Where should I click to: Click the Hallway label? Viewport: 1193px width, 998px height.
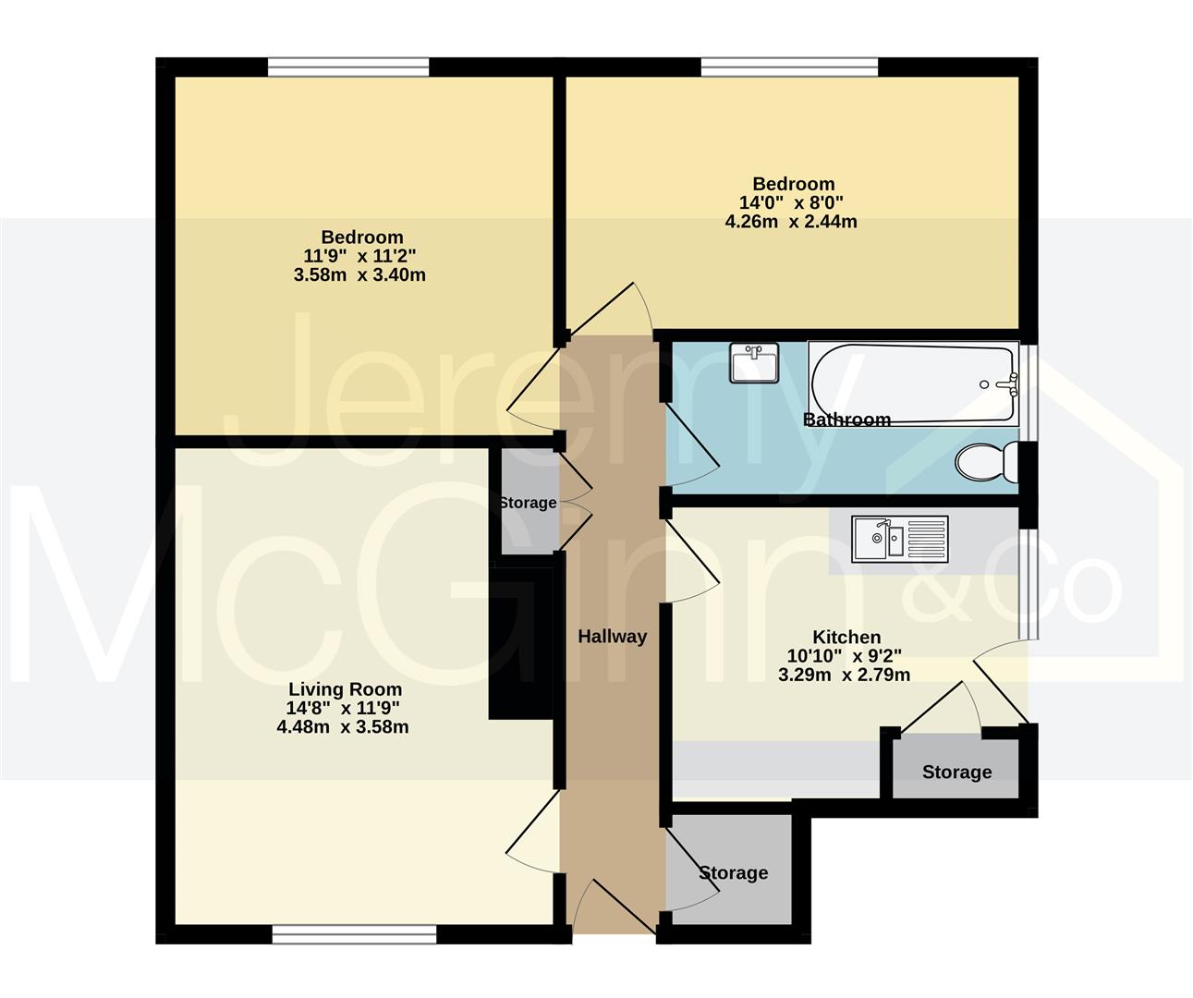coord(612,637)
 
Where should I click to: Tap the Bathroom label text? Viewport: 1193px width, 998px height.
coord(846,420)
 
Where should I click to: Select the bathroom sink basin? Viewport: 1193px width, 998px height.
coord(754,362)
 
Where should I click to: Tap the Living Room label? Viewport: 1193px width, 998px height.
coord(345,689)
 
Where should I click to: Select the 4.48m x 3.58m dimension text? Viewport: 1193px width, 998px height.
coord(343,727)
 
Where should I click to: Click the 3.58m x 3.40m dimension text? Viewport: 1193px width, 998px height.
coord(361,274)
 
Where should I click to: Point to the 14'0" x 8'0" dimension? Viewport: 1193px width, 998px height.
coord(793,202)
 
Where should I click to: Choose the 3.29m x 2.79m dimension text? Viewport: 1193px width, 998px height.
coord(845,675)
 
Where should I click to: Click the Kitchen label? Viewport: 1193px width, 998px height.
coord(846,637)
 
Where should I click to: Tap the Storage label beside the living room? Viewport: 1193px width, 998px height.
coord(528,503)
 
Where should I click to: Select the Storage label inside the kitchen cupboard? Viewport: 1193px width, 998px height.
coord(956,772)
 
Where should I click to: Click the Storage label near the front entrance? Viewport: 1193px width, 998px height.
coord(733,872)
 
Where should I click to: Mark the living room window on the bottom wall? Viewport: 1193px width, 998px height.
coord(355,935)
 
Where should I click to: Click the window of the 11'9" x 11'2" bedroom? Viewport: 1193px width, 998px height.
coord(348,67)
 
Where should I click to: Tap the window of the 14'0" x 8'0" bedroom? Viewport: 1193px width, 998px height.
coord(789,67)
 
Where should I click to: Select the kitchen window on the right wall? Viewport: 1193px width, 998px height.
coord(1028,583)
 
